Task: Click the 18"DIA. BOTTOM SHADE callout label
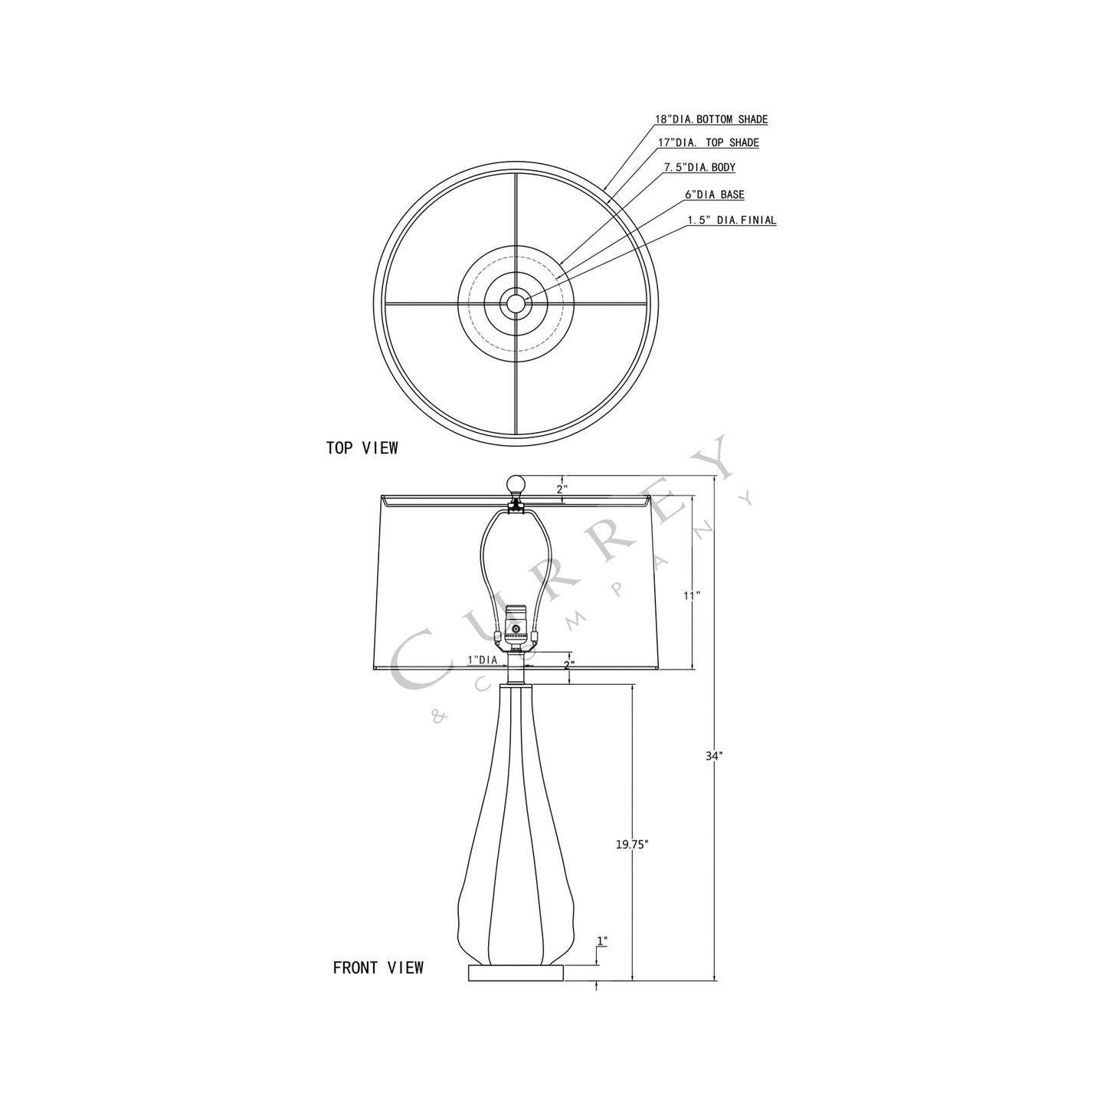click(x=711, y=120)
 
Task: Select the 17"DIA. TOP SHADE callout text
click(x=709, y=142)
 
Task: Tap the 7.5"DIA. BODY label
click(x=699, y=167)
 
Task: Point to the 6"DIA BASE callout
click(x=714, y=195)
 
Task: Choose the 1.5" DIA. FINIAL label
click(x=731, y=220)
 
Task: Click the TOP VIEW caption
click(x=362, y=448)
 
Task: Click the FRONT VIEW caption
click(x=378, y=968)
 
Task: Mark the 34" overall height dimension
click(x=714, y=755)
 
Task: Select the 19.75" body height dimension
click(x=632, y=844)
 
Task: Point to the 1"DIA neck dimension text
click(x=483, y=660)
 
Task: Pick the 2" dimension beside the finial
click(x=562, y=488)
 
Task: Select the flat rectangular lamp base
click(x=516, y=972)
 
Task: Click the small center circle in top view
click(x=516, y=303)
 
